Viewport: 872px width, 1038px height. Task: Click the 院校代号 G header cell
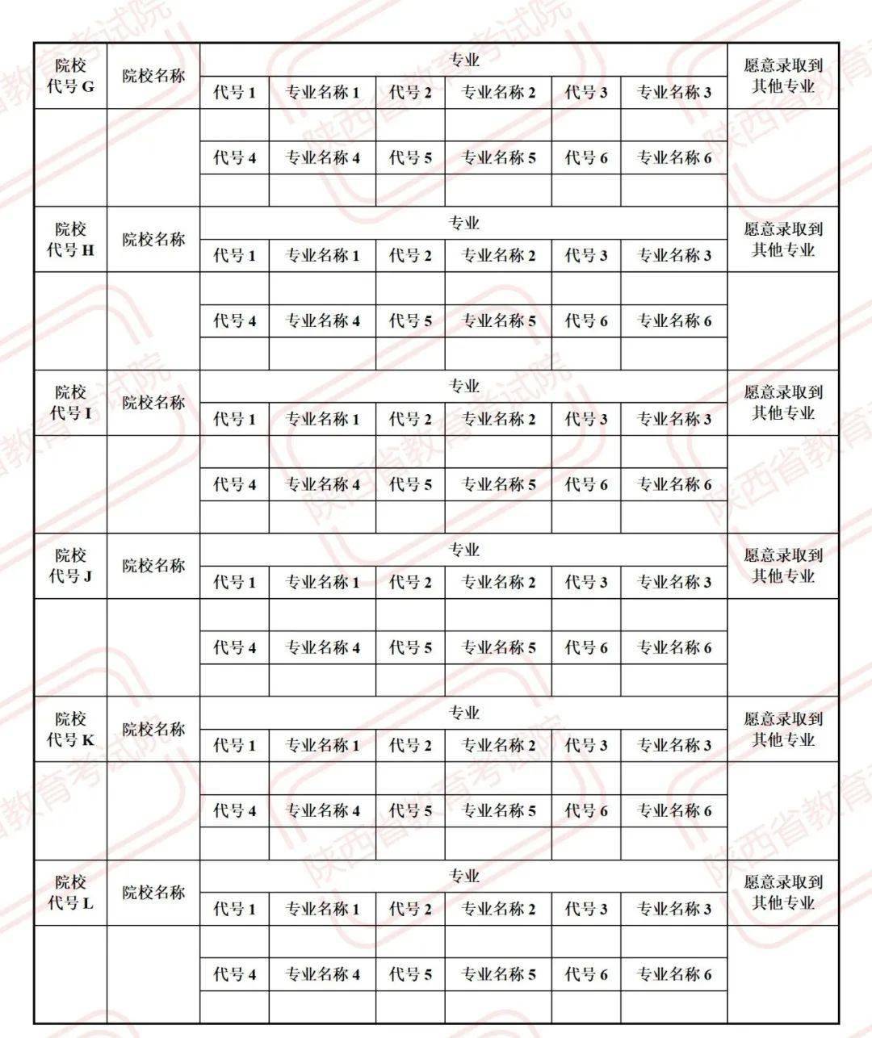[x=70, y=76]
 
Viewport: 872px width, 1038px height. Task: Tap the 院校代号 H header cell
[x=70, y=240]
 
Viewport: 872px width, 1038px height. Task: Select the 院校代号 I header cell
[x=70, y=403]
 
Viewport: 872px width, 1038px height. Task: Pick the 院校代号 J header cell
[x=70, y=566]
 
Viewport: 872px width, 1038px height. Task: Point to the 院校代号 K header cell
[x=70, y=729]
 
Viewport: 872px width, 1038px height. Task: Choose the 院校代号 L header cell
[x=70, y=893]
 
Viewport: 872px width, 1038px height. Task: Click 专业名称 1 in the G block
[x=322, y=93]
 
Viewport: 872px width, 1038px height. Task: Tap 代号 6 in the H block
[x=586, y=321]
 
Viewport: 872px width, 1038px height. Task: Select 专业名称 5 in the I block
[x=498, y=484]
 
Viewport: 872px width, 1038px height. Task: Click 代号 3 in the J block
[x=586, y=582]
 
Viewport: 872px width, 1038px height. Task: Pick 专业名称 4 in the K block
[x=322, y=810]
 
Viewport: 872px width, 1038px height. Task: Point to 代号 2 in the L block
[x=410, y=909]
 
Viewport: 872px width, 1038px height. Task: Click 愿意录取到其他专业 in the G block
[x=783, y=76]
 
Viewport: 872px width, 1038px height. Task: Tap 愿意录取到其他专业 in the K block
[x=783, y=729]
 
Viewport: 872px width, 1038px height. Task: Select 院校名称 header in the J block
[x=153, y=566]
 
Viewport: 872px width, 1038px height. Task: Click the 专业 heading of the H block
[x=464, y=224]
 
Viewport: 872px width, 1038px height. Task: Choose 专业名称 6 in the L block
[x=674, y=974]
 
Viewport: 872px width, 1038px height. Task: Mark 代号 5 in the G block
[x=410, y=158]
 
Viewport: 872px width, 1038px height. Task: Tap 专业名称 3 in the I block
[x=674, y=419]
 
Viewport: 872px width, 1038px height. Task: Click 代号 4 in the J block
[x=234, y=647]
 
